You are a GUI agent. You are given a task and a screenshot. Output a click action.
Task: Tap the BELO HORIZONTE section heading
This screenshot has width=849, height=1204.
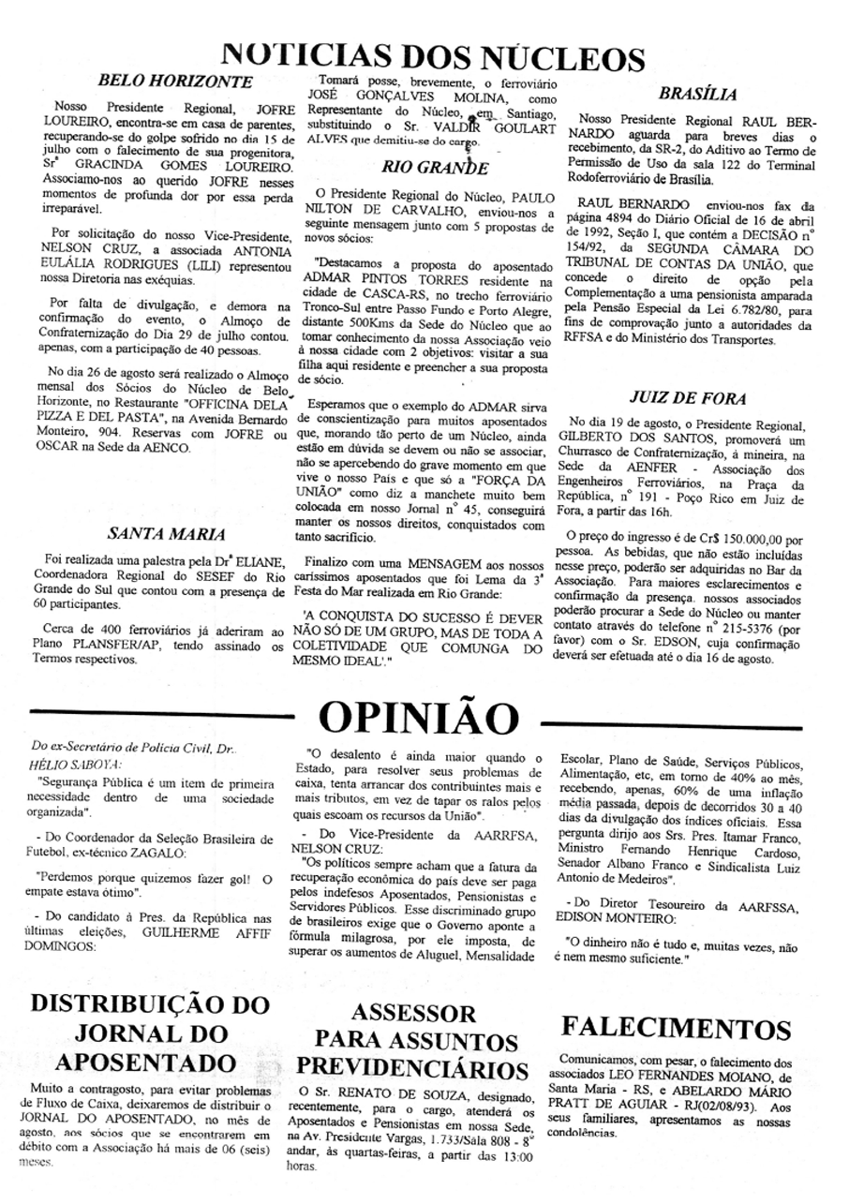[174, 82]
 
